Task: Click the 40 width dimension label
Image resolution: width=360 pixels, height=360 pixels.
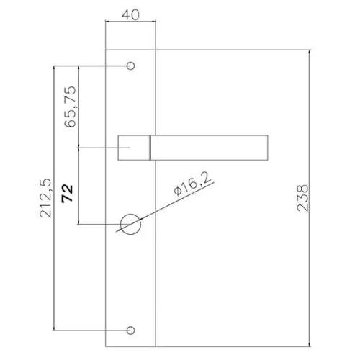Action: (x=130, y=15)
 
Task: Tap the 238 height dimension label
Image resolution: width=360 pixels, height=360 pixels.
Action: (x=302, y=198)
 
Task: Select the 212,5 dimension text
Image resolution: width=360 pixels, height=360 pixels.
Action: (x=45, y=198)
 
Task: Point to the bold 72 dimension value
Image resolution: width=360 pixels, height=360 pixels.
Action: (x=67, y=194)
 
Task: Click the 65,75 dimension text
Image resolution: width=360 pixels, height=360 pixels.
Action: (x=71, y=107)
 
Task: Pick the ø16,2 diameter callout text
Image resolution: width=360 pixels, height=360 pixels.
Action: (x=192, y=184)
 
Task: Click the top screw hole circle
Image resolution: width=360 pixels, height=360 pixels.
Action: (x=130, y=66)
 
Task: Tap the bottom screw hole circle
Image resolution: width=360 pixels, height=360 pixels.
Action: (x=130, y=330)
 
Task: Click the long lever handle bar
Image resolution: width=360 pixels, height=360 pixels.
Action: (x=209, y=148)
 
